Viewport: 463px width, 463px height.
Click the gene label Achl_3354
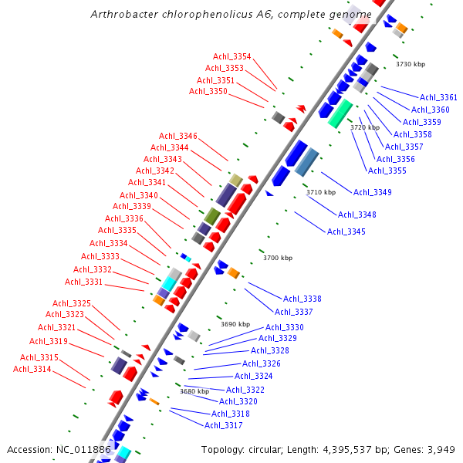232,57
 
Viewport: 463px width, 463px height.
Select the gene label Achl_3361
438,98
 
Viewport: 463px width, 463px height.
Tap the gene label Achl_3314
32,369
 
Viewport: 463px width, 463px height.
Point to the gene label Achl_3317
224,425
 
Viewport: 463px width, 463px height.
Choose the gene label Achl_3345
346,231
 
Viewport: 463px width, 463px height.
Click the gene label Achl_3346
178,137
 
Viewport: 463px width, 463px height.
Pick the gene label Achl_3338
302,299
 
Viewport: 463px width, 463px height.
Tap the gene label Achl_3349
373,192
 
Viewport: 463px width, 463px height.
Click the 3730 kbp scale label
411,65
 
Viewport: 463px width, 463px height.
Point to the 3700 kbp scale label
278,258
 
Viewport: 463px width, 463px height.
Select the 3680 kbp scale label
194,391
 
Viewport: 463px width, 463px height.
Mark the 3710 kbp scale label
321,192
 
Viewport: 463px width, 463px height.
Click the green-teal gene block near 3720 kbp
340,113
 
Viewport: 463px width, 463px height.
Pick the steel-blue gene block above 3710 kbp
306,162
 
